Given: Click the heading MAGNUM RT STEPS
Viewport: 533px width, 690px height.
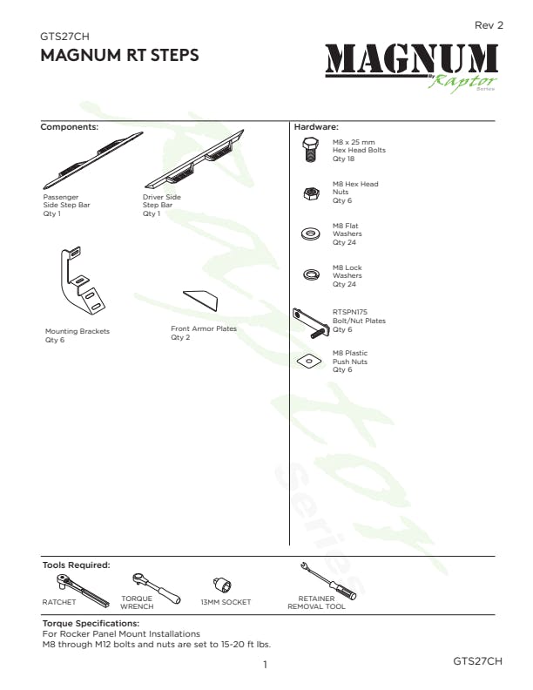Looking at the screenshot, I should (120, 56).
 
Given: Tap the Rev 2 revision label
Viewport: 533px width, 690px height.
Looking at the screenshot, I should (489, 25).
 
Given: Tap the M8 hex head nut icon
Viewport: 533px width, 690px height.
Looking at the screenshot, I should (310, 193).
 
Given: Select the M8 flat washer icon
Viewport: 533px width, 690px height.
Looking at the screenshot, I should (310, 234).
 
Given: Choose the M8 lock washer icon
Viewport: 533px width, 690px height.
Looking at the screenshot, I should (310, 275).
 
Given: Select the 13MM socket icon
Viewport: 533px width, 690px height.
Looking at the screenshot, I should (220, 585).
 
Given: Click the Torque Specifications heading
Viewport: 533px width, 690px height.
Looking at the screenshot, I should (91, 624).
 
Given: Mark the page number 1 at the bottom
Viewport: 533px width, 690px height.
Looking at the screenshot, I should (265, 666).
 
